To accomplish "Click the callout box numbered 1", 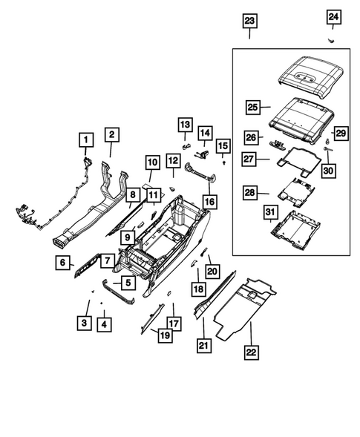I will click(85, 139).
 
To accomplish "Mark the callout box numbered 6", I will click(65, 262).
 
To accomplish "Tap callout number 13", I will click(184, 123).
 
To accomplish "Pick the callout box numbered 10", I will click(151, 161).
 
